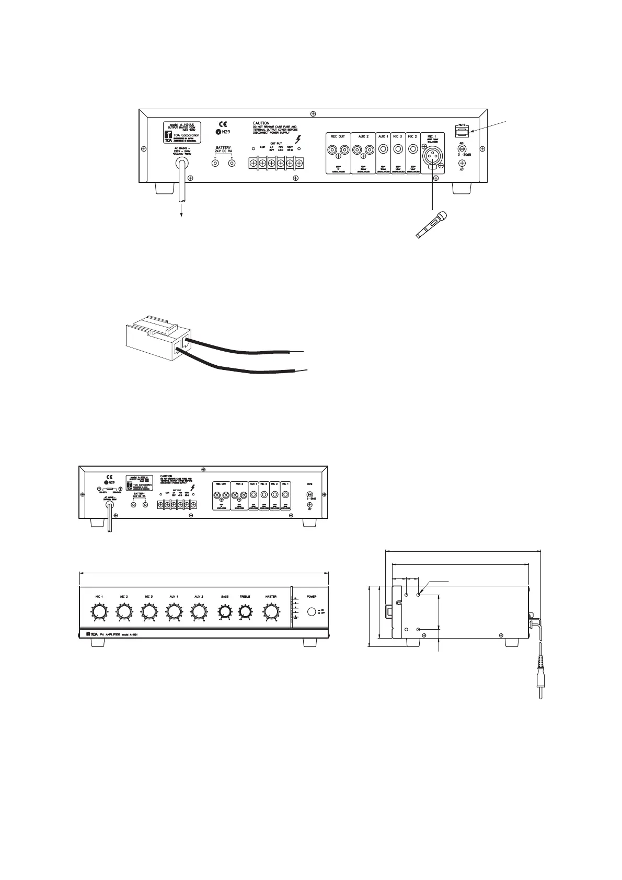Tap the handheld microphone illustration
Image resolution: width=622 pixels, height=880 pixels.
tap(432, 226)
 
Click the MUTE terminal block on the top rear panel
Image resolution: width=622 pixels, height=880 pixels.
tap(462, 132)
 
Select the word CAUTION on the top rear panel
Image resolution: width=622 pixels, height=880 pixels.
tap(261, 123)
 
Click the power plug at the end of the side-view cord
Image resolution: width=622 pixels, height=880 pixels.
tap(540, 685)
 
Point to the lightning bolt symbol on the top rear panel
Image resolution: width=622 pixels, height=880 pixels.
tap(298, 140)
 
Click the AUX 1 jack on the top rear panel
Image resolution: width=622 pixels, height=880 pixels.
tap(383, 150)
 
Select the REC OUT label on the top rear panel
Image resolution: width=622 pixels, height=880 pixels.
tap(338, 136)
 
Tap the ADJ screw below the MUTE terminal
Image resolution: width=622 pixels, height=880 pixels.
tap(462, 148)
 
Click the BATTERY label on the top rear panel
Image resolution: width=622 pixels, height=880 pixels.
tap(223, 148)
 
